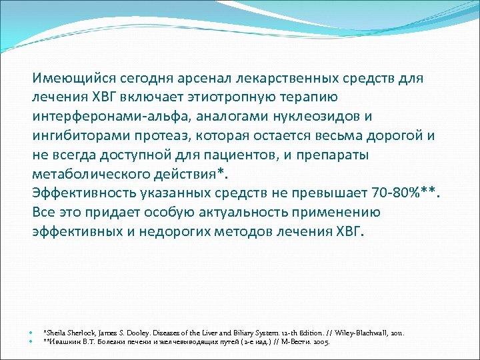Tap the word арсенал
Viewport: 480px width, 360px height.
click(x=199, y=78)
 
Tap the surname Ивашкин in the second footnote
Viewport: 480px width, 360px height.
click(x=61, y=341)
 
